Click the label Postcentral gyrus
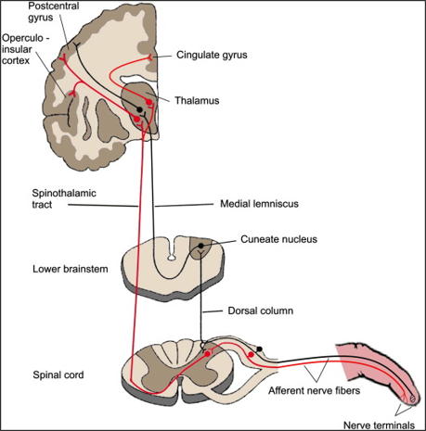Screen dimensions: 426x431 point(54,11)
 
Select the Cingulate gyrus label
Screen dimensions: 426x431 point(212,55)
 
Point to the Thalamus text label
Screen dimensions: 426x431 point(197,100)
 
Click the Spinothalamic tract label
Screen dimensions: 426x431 point(64,198)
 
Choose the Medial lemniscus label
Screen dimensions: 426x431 point(259,204)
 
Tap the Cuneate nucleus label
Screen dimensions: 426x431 point(278,239)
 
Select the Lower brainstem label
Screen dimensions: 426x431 point(71,269)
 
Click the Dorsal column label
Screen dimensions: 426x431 point(261,311)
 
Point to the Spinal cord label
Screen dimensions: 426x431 point(58,374)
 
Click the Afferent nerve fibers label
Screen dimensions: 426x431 point(314,390)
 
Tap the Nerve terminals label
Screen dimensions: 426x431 point(379,425)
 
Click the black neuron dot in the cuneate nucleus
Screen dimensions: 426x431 point(200,246)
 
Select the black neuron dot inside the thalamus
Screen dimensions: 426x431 point(139,109)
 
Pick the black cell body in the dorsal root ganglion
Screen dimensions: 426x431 point(260,349)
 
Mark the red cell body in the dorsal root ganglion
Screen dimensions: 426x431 point(251,355)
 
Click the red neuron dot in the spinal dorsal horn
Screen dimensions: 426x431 point(207,354)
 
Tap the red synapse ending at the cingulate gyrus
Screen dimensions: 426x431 point(149,57)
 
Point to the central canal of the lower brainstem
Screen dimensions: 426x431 point(170,257)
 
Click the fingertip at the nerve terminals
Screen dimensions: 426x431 point(414,399)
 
